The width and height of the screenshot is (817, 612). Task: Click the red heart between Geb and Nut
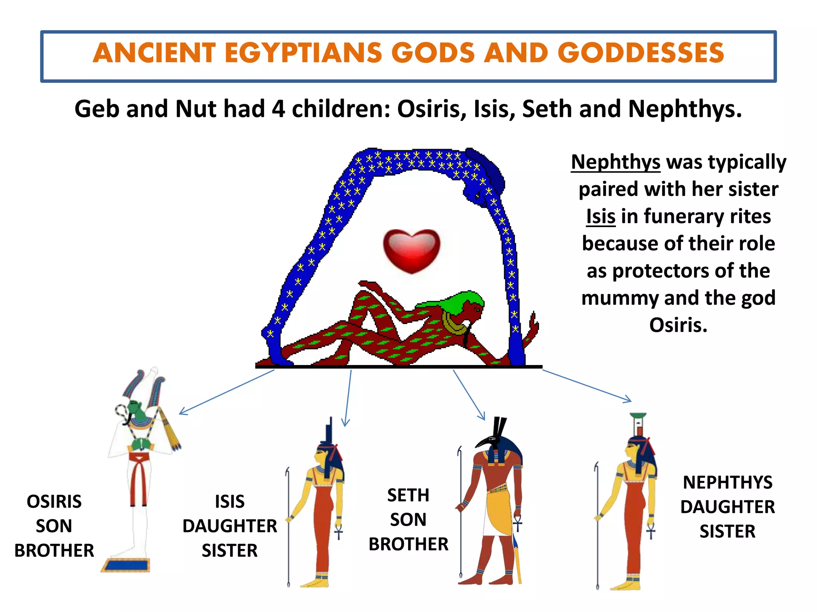(x=411, y=250)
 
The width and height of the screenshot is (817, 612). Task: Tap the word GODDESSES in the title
(x=640, y=53)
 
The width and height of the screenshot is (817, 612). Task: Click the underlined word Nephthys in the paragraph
(x=616, y=162)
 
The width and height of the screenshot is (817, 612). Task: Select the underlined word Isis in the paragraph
(x=600, y=217)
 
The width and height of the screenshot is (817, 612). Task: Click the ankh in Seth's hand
(x=517, y=523)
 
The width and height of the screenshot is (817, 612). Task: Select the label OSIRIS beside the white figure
(x=54, y=502)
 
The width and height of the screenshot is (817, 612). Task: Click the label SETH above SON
(x=408, y=495)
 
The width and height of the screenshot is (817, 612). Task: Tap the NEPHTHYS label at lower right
(x=728, y=483)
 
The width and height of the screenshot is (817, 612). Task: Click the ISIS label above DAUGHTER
(x=230, y=502)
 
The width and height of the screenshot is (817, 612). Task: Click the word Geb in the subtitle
(x=97, y=109)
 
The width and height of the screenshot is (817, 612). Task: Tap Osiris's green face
(x=138, y=412)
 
